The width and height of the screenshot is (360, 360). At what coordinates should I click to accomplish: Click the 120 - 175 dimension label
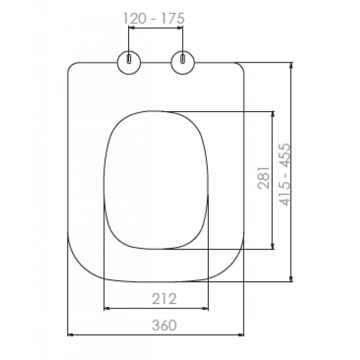tap(154, 19)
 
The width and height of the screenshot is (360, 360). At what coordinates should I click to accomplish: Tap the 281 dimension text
tap(263, 178)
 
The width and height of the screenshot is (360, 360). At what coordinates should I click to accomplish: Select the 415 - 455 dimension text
tap(284, 174)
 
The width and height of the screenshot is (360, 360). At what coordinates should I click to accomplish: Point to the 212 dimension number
tap(164, 298)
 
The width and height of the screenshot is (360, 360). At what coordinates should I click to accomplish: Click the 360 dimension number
tap(164, 325)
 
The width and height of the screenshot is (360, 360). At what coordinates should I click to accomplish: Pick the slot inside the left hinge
tap(129, 59)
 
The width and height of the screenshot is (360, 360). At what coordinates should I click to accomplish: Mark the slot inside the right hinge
tap(183, 59)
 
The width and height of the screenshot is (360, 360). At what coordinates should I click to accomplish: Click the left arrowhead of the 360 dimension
tap(70, 335)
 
